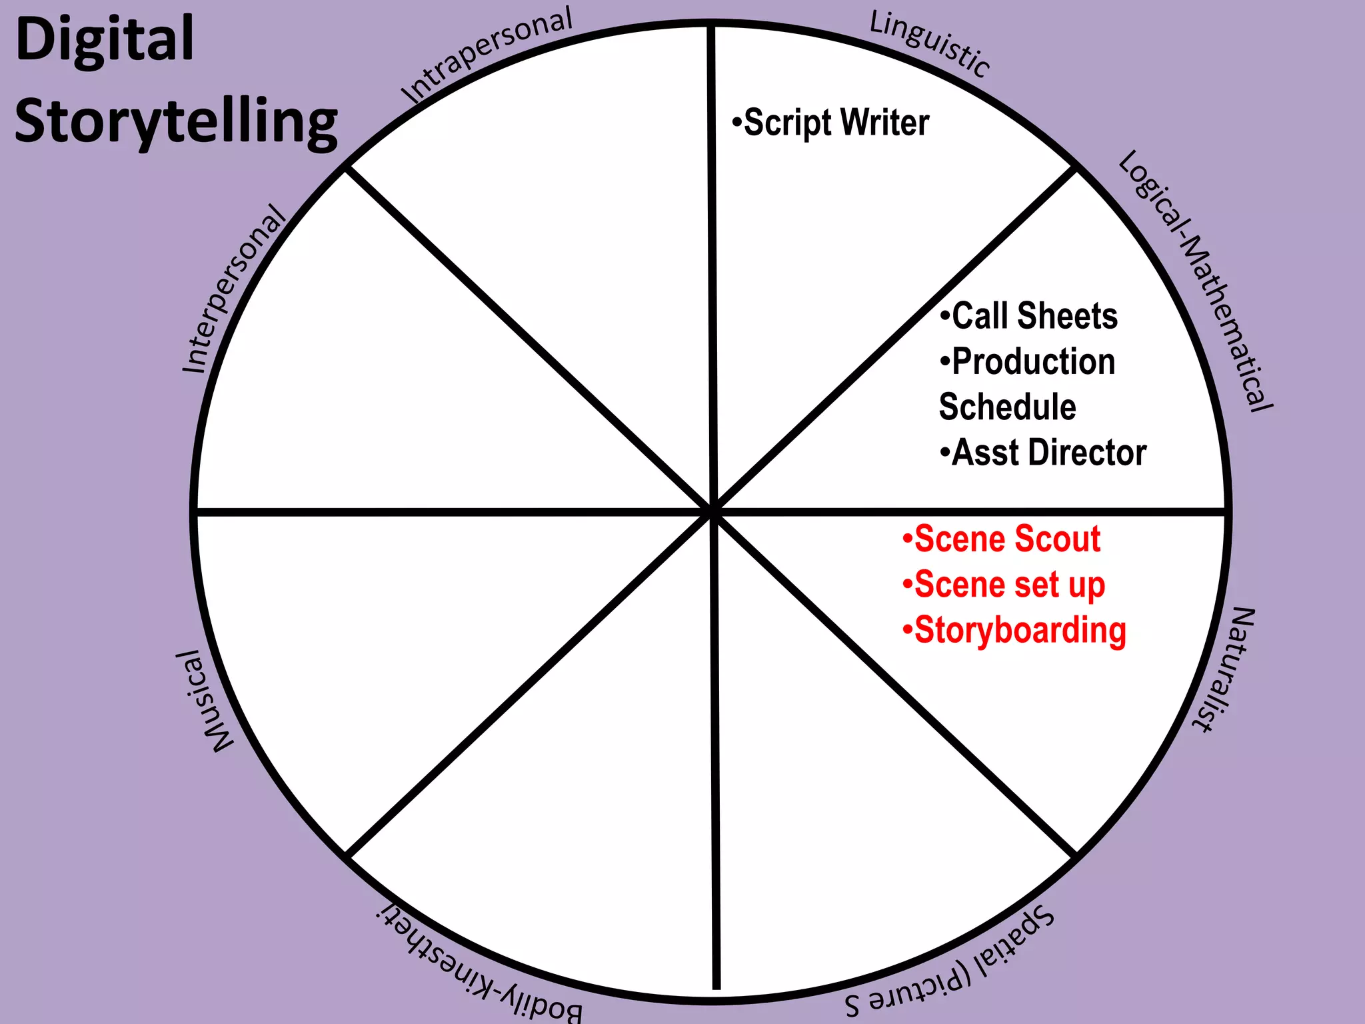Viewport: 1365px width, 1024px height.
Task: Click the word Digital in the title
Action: [x=105, y=40]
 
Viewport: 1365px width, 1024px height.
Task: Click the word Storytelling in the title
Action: [x=176, y=121]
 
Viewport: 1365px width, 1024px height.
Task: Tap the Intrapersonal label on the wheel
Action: [x=487, y=55]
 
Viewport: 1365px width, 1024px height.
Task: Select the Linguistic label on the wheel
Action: [x=930, y=44]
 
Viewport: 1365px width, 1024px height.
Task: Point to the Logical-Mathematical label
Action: [x=1196, y=280]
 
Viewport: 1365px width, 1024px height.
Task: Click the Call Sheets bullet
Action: [x=1030, y=316]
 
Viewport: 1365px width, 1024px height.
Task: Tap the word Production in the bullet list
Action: [x=1033, y=362]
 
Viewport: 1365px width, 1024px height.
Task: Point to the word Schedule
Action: [x=1007, y=407]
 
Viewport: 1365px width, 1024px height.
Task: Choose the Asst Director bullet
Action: [x=1044, y=453]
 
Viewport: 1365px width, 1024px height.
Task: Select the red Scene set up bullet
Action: [x=1004, y=585]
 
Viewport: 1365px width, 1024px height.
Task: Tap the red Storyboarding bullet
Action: [x=1014, y=631]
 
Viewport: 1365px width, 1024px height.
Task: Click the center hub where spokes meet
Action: [x=712, y=511]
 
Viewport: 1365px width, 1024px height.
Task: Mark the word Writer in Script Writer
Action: [x=884, y=123]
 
